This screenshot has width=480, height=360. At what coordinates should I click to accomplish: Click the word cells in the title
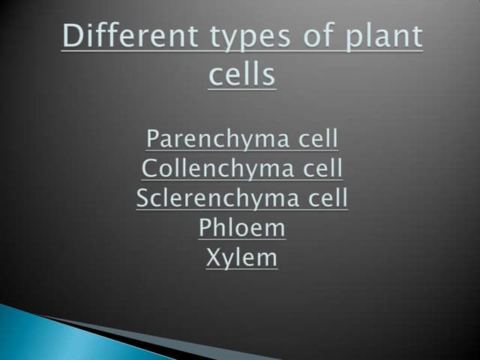241,75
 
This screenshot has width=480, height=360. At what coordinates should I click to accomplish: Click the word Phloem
242,227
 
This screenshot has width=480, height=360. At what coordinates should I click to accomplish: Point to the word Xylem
241,258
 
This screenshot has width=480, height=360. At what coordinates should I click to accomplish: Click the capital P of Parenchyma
153,139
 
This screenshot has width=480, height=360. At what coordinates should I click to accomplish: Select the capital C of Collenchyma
149,168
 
